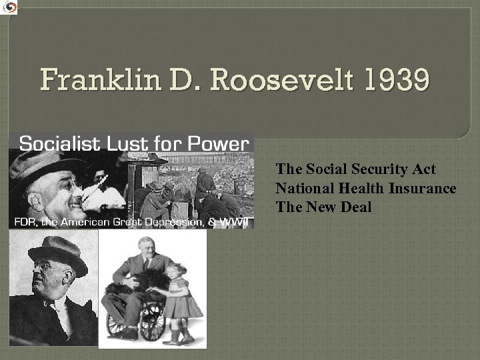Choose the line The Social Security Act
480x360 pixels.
point(356,169)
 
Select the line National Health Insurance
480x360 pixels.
point(366,189)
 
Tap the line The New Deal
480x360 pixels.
point(324,207)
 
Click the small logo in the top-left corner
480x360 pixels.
point(9,7)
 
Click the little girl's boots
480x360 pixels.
point(179,333)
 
